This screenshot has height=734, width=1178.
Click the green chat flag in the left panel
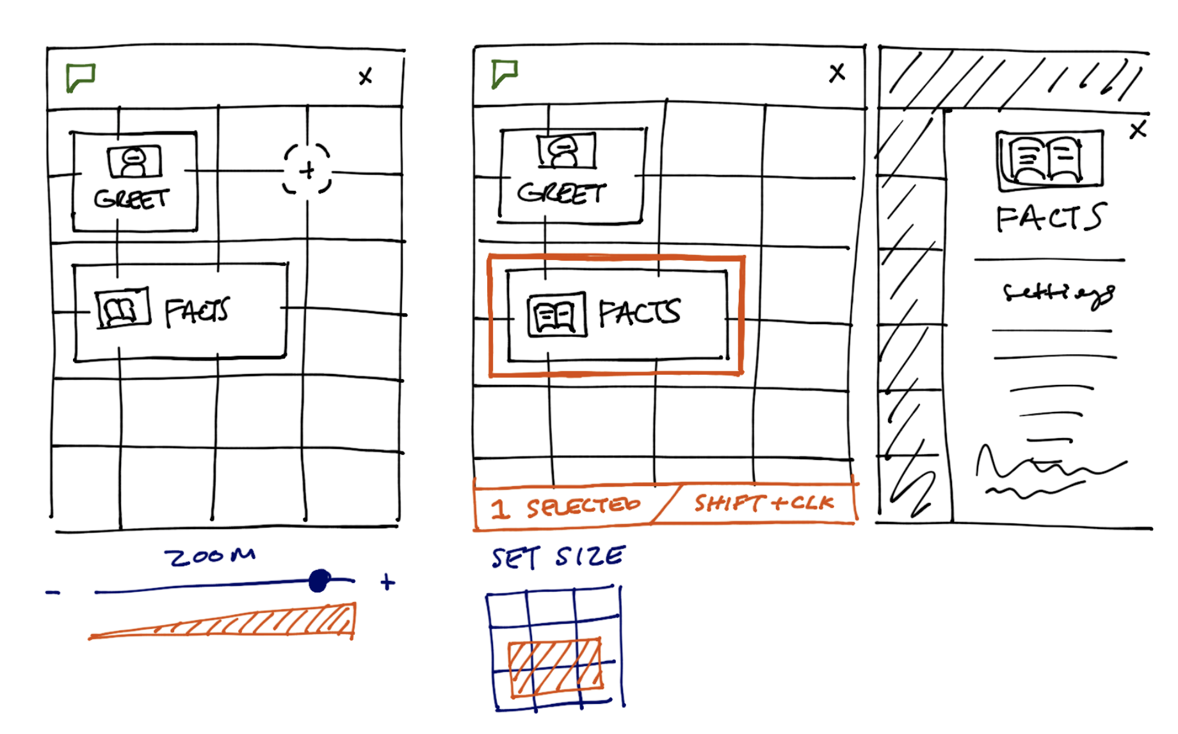click(x=81, y=77)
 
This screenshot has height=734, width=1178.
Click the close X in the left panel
click(x=365, y=77)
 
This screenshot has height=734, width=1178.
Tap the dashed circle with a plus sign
click(x=307, y=170)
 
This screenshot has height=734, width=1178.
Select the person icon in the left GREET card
click(x=134, y=161)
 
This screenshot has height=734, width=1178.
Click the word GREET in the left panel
click(x=131, y=199)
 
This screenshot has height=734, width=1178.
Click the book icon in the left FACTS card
click(x=122, y=309)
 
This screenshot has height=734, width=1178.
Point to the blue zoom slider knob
click(x=319, y=581)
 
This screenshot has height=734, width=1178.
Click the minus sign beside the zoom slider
click(x=53, y=592)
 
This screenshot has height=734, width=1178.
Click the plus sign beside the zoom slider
click(x=387, y=582)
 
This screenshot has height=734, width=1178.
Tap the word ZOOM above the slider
click(x=210, y=556)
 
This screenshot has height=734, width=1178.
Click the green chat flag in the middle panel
click(x=504, y=74)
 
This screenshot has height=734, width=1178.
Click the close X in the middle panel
click(x=837, y=72)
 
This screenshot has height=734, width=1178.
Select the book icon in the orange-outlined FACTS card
click(x=556, y=314)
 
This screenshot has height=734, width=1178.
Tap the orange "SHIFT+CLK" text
click(x=764, y=503)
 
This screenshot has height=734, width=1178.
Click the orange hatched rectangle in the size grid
click(x=555, y=667)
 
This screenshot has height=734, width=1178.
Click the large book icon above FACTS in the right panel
click(x=1050, y=160)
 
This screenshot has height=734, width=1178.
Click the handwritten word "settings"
click(x=1058, y=294)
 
